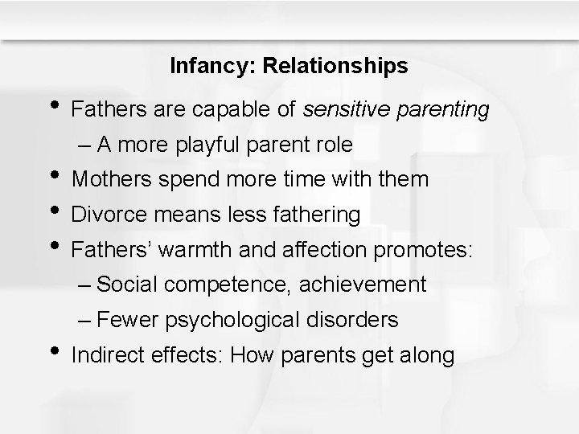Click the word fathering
pyautogui.click(x=318, y=215)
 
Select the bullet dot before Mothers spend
pyautogui.click(x=53, y=176)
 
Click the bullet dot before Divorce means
pyautogui.click(x=53, y=211)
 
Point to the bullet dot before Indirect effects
pyautogui.click(x=53, y=352)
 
